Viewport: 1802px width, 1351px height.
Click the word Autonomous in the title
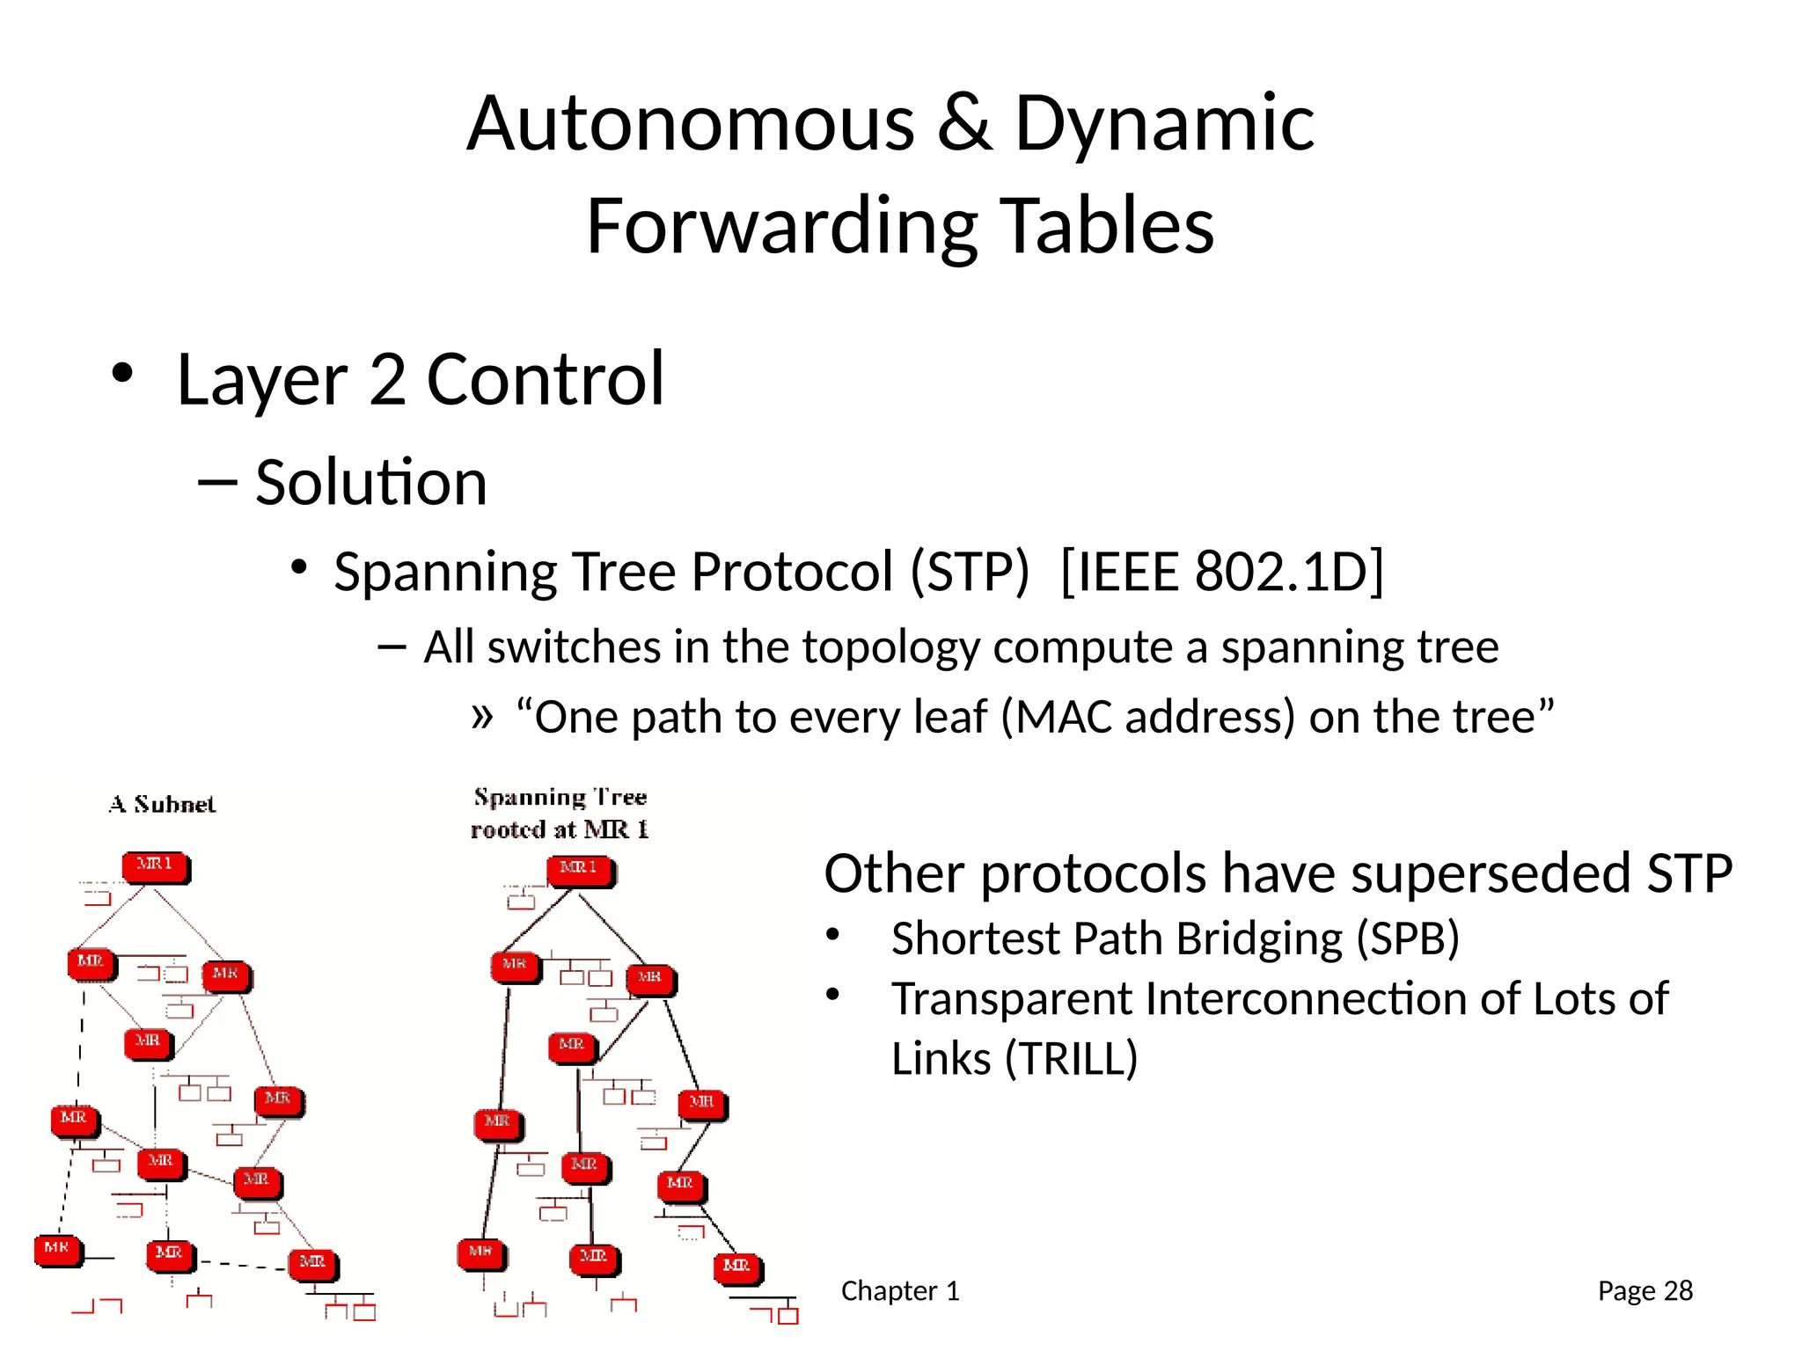pos(691,124)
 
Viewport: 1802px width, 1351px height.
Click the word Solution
pos(370,483)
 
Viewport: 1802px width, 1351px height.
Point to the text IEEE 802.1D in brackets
pos(1222,572)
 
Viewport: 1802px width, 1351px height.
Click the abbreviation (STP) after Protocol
pos(970,572)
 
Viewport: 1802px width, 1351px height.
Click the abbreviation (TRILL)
pos(1071,1058)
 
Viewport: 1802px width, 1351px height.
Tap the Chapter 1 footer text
pos(899,1290)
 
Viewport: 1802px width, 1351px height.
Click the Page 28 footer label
pos(1645,1290)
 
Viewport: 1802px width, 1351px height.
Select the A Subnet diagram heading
pos(162,805)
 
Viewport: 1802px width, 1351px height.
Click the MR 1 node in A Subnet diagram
pos(156,866)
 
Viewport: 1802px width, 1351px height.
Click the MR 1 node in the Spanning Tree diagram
pos(580,871)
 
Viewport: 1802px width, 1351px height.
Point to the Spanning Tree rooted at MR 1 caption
pos(560,814)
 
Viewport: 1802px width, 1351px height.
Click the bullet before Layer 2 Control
pos(122,374)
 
